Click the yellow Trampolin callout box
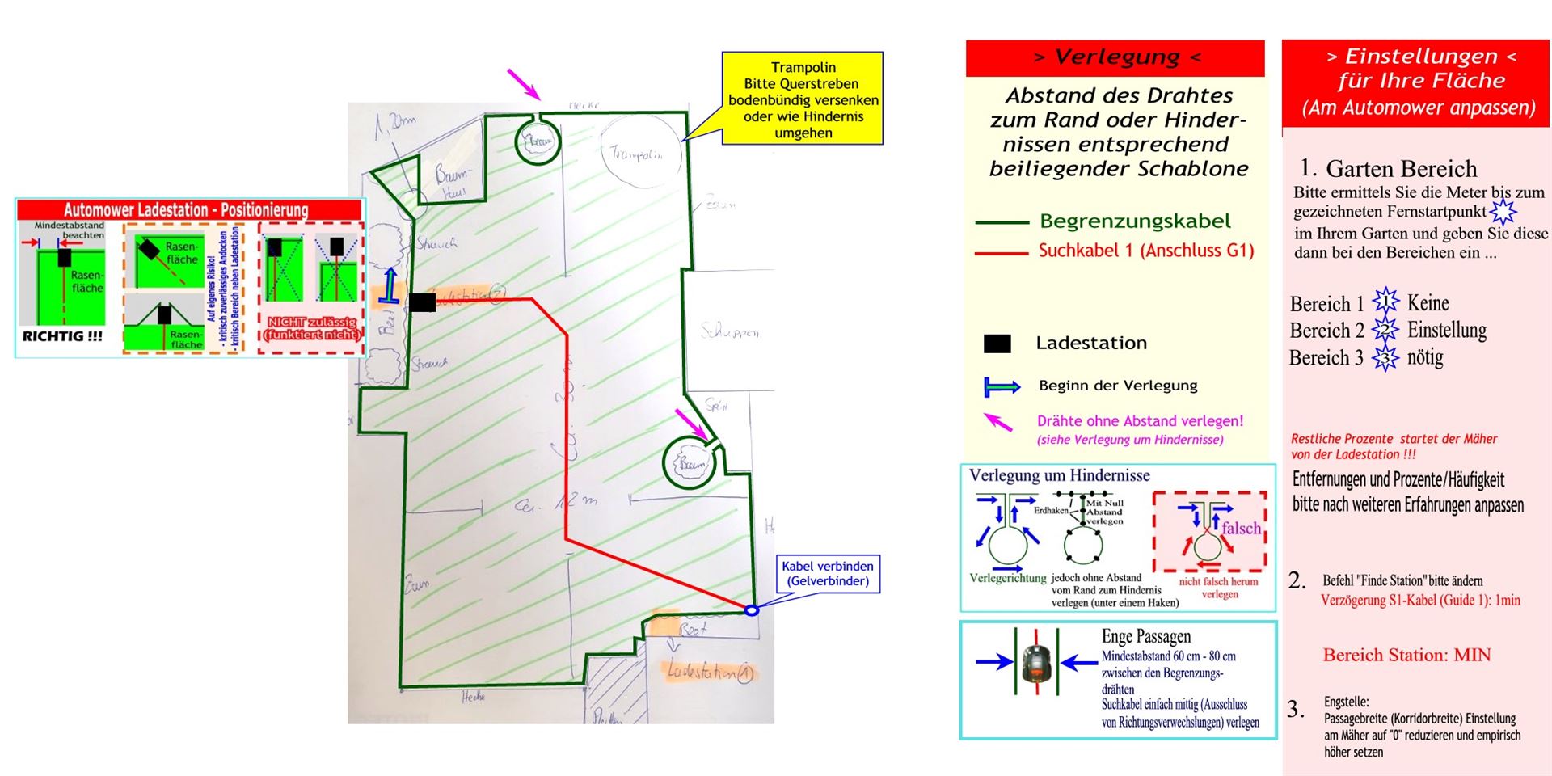pyautogui.click(x=803, y=99)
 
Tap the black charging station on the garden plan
pyautogui.click(x=422, y=302)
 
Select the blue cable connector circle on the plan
pyautogui.click(x=751, y=610)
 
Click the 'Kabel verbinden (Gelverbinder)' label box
pyautogui.click(x=828, y=574)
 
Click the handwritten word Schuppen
pyautogui.click(x=729, y=331)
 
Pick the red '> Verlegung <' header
pyautogui.click(x=1115, y=57)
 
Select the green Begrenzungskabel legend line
pyautogui.click(x=1002, y=221)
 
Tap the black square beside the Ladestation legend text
pyautogui.click(x=997, y=344)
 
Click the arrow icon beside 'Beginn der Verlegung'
pyautogui.click(x=1001, y=387)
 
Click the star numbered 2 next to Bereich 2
pyautogui.click(x=1385, y=330)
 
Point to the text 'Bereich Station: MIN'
pyautogui.click(x=1406, y=655)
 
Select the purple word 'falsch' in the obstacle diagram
pyautogui.click(x=1241, y=529)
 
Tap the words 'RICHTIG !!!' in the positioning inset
pyautogui.click(x=62, y=336)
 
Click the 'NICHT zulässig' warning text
pyautogui.click(x=311, y=328)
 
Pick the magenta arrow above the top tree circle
pyautogui.click(x=523, y=83)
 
